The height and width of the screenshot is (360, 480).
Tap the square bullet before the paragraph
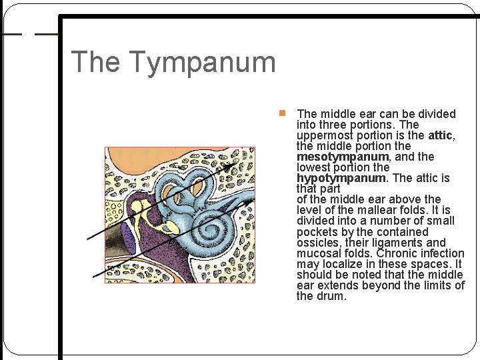[283, 113]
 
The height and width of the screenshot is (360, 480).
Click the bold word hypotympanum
[341, 178]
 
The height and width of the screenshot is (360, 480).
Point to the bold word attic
[440, 135]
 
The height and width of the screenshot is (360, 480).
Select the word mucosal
[319, 253]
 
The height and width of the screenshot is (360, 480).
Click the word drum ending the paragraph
[331, 296]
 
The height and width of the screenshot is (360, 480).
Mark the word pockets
[319, 232]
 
